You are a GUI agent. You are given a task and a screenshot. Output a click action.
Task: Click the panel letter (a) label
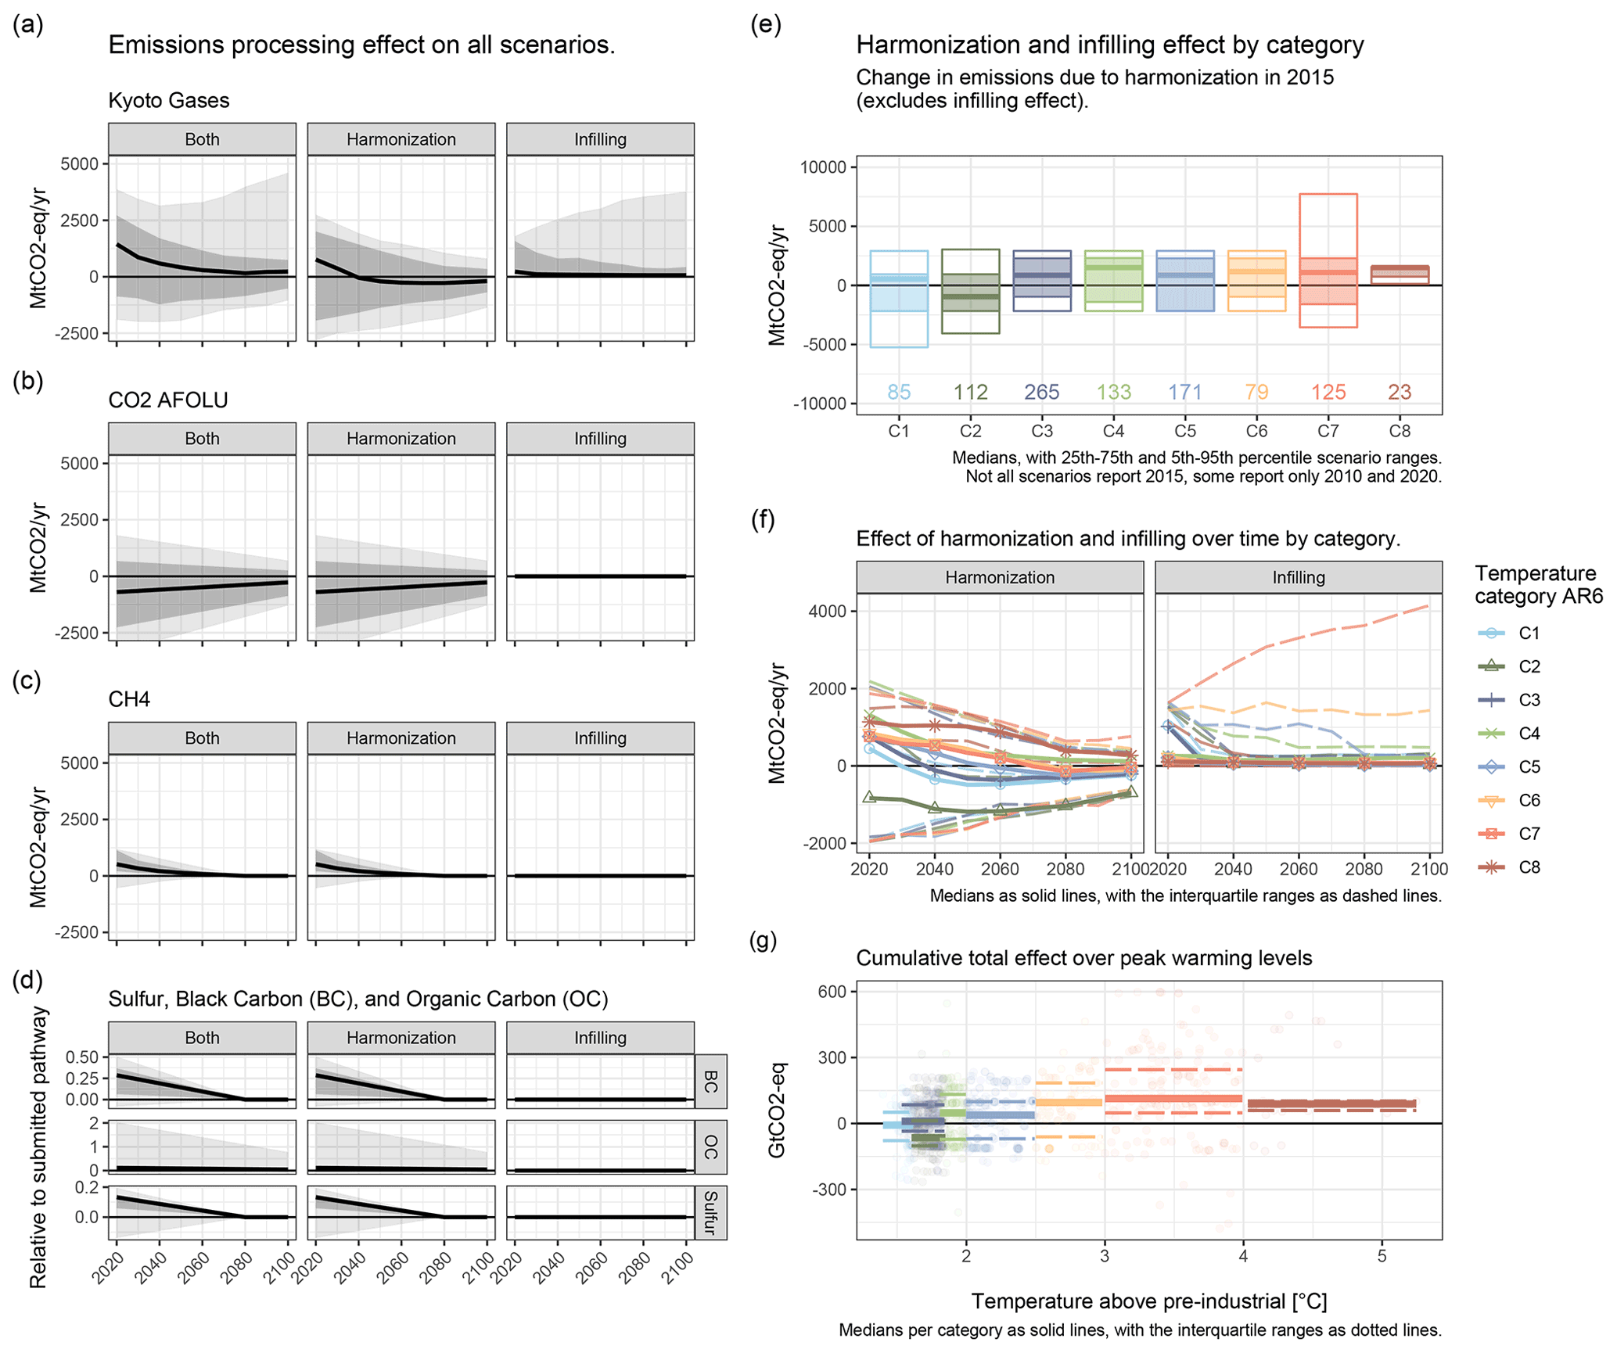pos(28,25)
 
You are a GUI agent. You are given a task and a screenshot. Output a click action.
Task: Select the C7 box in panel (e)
pos(1328,260)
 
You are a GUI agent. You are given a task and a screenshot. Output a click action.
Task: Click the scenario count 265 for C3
pos(1042,392)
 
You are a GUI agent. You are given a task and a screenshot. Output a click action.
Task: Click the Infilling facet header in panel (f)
pos(1298,577)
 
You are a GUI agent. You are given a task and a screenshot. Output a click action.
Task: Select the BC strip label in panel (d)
pos(710,1082)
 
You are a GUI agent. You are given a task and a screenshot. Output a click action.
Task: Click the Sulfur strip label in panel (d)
pos(710,1213)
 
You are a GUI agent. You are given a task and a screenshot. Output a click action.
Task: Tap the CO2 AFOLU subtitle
pos(168,400)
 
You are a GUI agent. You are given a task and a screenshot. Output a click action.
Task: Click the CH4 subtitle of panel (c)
pos(129,699)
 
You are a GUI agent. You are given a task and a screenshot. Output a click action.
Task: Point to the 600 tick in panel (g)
pos(834,992)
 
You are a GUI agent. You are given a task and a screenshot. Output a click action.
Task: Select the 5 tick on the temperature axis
pos(1382,1256)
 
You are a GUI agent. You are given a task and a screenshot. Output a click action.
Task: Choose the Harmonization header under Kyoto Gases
pos(401,139)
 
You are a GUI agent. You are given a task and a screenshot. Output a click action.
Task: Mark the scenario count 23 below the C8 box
pos(1400,392)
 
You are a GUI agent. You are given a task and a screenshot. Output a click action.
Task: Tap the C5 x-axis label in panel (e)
pos(1185,431)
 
